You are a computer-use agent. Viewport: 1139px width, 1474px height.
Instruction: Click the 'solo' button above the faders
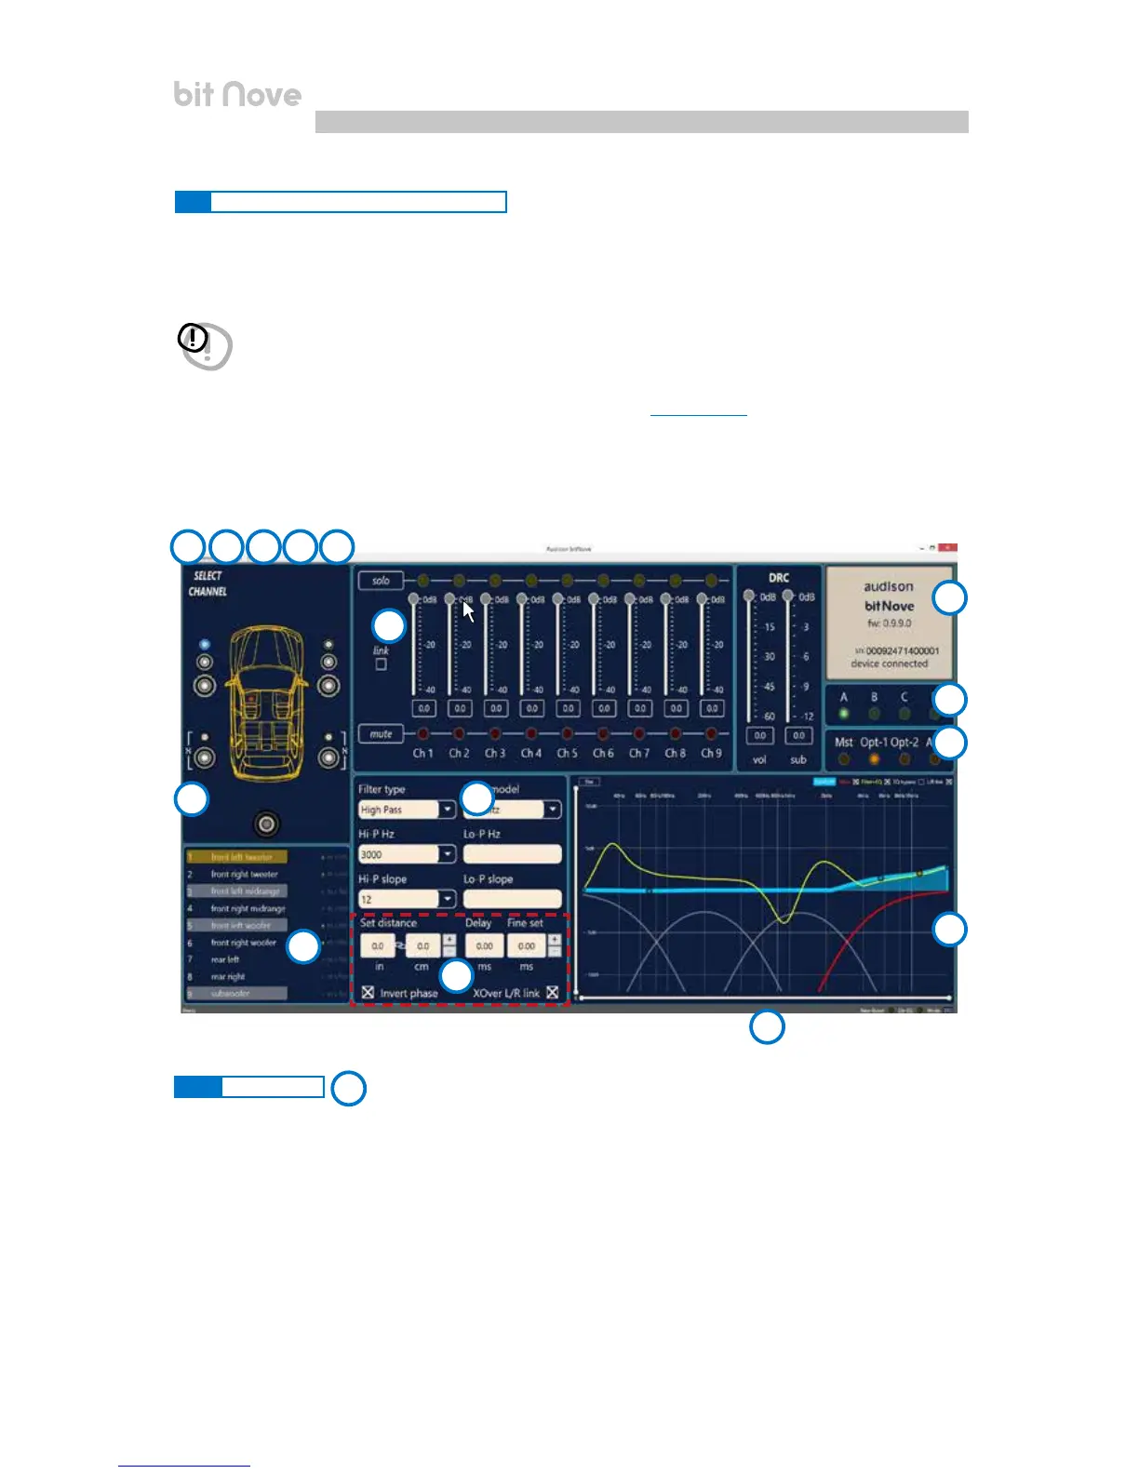381,581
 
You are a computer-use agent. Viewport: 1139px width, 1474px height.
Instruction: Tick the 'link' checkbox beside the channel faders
381,664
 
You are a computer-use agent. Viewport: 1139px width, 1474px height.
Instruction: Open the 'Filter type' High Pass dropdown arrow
448,810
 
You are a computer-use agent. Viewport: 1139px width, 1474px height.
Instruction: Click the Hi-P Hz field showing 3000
399,854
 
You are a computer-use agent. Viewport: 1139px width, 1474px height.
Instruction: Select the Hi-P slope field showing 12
399,899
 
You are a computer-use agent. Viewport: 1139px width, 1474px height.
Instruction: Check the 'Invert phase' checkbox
368,993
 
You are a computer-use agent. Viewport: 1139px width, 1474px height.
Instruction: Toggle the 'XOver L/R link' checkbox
553,993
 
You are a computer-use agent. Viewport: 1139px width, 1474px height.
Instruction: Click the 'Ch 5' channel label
567,754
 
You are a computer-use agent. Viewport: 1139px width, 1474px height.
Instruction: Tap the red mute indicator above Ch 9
711,734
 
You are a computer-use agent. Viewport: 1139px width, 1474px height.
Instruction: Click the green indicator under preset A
844,714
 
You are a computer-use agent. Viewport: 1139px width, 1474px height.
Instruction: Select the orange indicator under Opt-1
874,759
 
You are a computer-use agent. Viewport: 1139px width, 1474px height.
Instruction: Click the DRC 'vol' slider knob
749,596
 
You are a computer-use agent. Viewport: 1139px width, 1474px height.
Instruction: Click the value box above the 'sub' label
798,735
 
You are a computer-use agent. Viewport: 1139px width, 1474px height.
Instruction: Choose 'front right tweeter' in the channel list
244,875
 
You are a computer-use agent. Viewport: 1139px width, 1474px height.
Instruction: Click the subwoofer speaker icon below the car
267,824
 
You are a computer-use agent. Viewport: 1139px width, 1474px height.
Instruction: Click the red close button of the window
947,548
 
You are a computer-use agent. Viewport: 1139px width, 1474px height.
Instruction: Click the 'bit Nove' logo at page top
237,94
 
